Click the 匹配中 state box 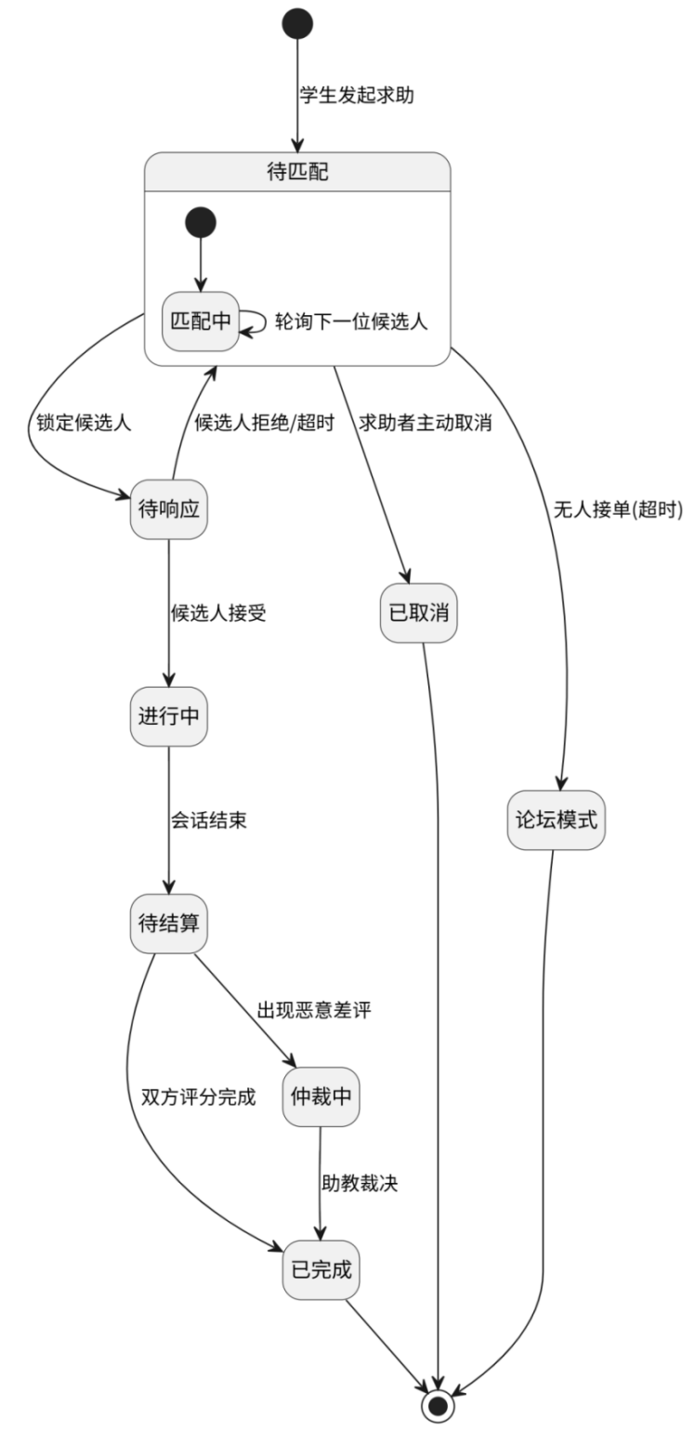200,322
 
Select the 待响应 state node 168,510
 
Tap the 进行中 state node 168,718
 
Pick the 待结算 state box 168,925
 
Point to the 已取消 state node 419,614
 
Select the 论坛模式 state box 557,821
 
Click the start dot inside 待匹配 200,223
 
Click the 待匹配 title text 297,174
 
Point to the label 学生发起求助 356,96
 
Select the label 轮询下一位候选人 349,321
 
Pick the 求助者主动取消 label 425,422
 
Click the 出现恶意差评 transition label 314,1011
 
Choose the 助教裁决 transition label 360,1184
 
